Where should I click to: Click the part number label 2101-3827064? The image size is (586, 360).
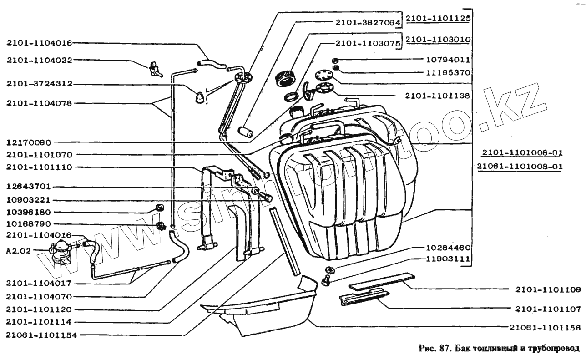pos(367,22)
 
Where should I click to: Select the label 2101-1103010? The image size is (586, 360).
pos(438,40)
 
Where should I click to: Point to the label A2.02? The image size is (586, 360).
pos(17,250)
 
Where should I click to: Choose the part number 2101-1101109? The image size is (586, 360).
pos(548,289)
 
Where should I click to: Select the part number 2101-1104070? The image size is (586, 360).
pos(39,296)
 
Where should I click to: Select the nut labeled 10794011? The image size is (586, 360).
pos(334,60)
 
